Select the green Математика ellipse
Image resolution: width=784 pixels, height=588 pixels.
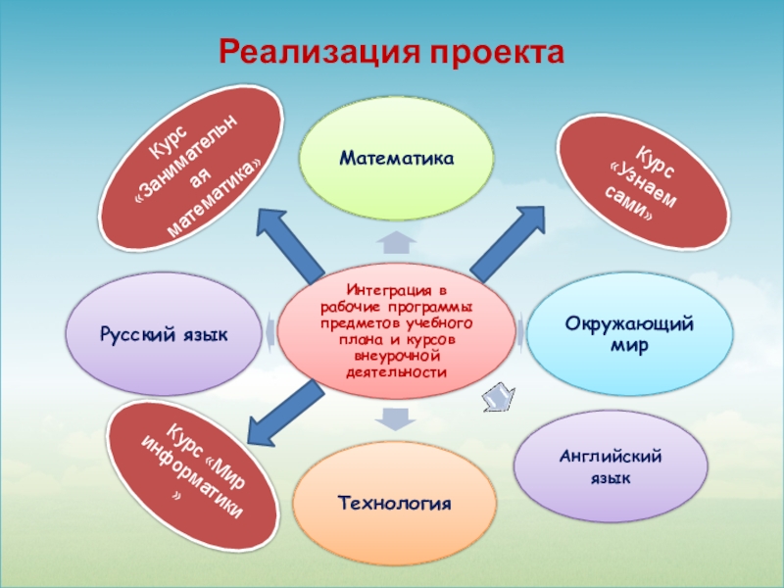[397, 158]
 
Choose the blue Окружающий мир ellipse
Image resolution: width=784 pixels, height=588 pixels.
[635, 334]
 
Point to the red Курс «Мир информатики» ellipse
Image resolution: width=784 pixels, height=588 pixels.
[193, 477]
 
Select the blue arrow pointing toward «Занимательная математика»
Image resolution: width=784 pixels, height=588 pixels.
[288, 242]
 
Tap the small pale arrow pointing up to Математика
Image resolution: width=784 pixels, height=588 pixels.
[397, 241]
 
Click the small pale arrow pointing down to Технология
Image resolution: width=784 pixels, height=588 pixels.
[396, 419]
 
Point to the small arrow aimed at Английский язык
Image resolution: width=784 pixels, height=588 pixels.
[497, 397]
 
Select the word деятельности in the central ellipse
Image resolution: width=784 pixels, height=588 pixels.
[396, 373]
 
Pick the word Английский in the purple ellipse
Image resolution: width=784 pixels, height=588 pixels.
[611, 457]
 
